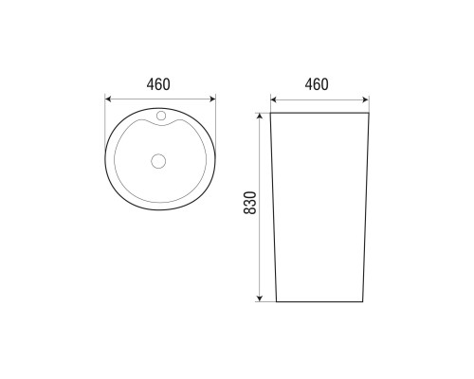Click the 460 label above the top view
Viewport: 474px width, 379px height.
158,84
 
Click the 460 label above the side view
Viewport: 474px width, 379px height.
317,84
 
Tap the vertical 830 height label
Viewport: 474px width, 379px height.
250,203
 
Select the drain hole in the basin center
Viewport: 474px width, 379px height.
158,161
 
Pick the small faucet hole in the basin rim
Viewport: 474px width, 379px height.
161,116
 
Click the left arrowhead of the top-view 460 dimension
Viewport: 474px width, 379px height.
108,99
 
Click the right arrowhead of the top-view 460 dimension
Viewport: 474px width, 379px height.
211,99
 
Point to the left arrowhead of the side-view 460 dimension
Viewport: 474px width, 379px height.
274,99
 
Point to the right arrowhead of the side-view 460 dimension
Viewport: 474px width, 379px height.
365,99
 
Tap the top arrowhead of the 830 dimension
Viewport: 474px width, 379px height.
260,117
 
